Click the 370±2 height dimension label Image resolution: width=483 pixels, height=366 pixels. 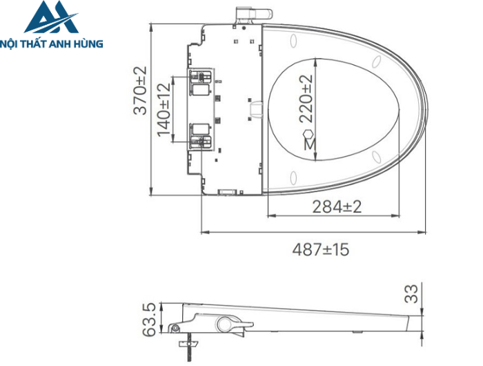click(140, 90)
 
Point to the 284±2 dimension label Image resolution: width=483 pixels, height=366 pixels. click(337, 206)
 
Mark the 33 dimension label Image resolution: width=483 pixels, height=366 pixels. click(412, 293)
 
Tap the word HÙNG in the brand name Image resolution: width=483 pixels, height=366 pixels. click(88, 44)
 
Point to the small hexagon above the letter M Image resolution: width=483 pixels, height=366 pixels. click(309, 133)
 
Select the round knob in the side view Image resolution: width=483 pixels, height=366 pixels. click(224, 323)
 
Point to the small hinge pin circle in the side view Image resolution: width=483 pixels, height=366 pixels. click(177, 328)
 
